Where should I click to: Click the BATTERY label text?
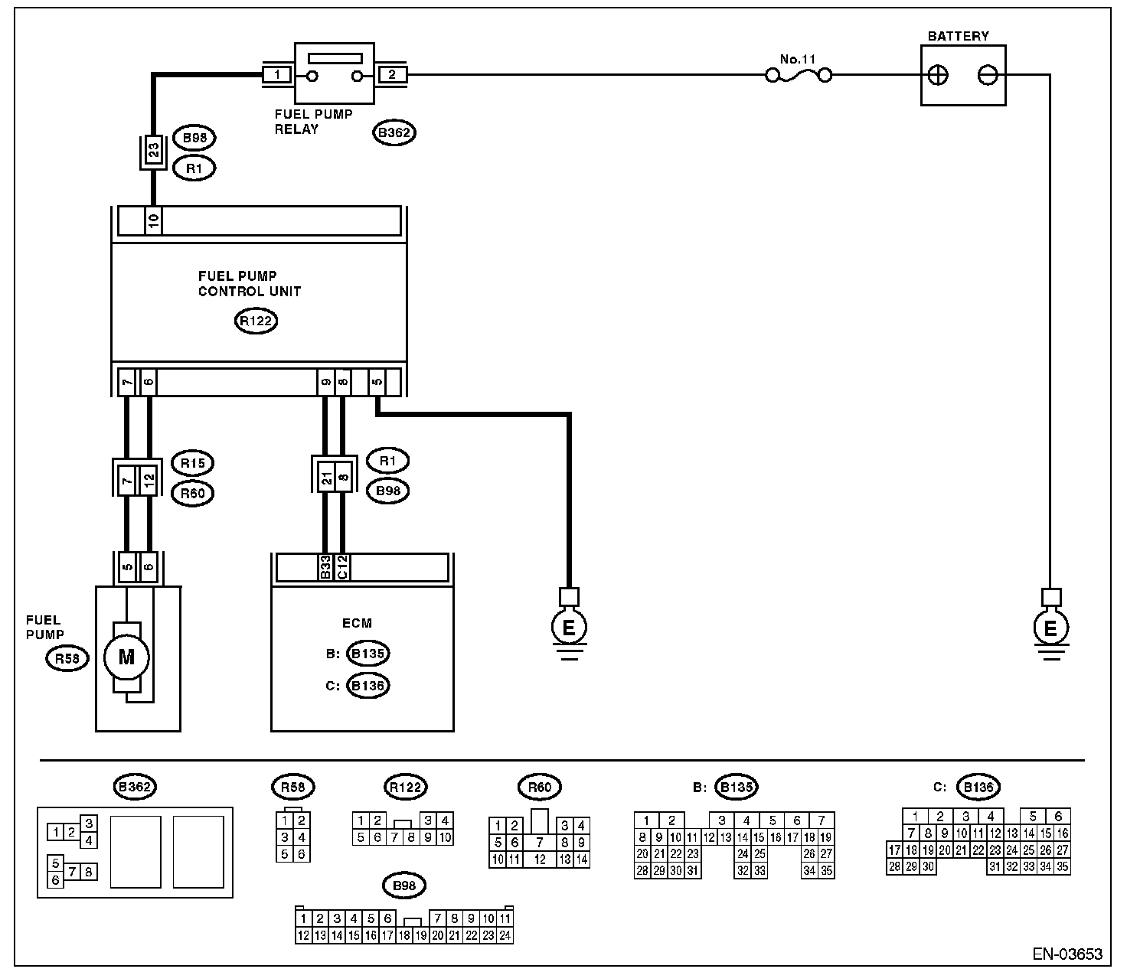click(958, 36)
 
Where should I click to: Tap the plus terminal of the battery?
click(938, 75)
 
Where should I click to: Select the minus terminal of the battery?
click(988, 75)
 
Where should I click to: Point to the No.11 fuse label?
click(799, 58)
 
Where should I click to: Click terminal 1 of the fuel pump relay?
click(276, 75)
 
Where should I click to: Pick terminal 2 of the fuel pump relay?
click(392, 75)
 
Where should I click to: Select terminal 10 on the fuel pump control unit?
click(153, 221)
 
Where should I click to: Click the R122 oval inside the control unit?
click(256, 321)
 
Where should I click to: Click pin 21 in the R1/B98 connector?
click(325, 478)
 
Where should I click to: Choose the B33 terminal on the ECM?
click(325, 567)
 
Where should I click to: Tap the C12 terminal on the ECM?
click(343, 567)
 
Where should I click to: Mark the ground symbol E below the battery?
click(1050, 628)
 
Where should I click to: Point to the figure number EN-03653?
click(1067, 954)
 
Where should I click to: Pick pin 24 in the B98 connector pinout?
click(505, 934)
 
